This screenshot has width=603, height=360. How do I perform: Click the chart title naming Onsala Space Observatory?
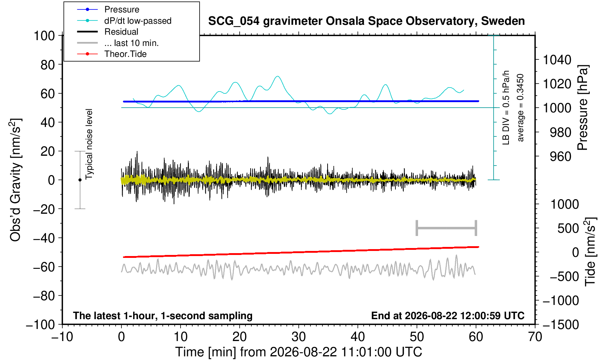point(366,21)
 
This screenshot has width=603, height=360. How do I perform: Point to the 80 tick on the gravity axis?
point(48,65)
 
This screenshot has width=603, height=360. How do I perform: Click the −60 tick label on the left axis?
point(44,267)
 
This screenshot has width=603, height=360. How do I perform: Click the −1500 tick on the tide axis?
point(560,325)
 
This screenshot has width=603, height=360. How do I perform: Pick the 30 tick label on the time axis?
point(298,337)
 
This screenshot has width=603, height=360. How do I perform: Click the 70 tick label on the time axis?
point(535,337)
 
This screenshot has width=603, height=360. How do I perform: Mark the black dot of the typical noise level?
point(80,180)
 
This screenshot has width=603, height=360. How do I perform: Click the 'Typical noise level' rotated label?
point(89,144)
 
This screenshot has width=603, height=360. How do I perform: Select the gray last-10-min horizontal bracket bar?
point(447,228)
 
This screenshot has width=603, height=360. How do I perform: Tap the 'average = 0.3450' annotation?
point(521,108)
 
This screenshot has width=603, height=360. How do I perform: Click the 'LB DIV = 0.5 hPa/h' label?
point(506,108)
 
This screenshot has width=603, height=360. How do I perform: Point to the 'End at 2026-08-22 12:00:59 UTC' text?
point(448,316)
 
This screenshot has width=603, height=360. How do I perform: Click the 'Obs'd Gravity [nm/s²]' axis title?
point(15,180)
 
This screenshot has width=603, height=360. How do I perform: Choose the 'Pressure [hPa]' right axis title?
point(583,108)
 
